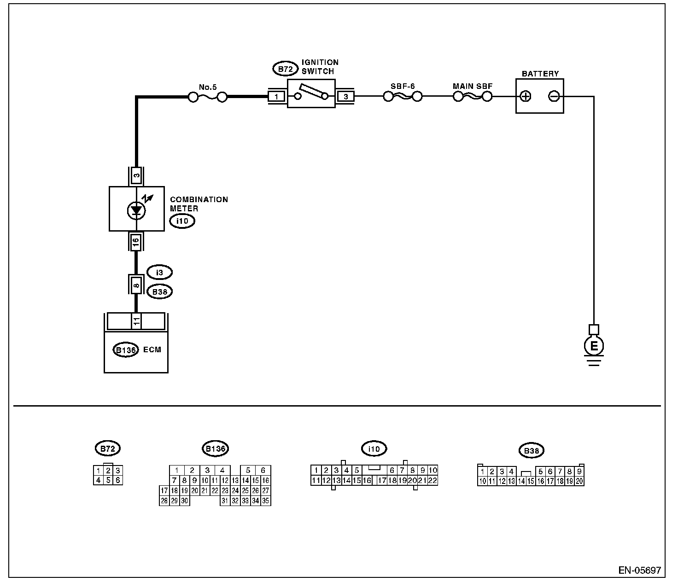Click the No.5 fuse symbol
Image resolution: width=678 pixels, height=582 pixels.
pyautogui.click(x=208, y=97)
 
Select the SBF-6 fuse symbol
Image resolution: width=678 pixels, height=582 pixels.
pyautogui.click(x=403, y=97)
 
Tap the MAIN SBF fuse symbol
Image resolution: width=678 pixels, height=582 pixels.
pyautogui.click(x=473, y=97)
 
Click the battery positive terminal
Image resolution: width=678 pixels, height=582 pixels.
pyautogui.click(x=525, y=96)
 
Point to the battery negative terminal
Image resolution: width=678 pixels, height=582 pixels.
pyautogui.click(x=554, y=96)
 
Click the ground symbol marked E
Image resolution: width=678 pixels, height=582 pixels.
pyautogui.click(x=594, y=346)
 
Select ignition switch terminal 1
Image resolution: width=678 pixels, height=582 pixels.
pyautogui.click(x=276, y=97)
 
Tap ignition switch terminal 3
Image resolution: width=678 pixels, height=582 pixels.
pyautogui.click(x=346, y=97)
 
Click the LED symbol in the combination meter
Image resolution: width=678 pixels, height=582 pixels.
pyautogui.click(x=136, y=210)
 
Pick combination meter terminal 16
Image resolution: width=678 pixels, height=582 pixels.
pyautogui.click(x=136, y=242)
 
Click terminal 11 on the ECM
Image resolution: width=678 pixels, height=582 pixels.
pyautogui.click(x=136, y=321)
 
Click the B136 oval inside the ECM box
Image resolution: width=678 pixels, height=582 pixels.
pyautogui.click(x=125, y=350)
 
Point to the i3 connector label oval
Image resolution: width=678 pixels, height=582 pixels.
pyautogui.click(x=159, y=273)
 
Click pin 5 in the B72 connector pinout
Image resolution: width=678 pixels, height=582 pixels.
pyautogui.click(x=108, y=480)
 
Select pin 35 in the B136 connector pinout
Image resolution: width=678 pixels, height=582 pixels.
pyautogui.click(x=266, y=501)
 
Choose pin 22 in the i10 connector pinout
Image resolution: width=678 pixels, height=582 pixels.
pyautogui.click(x=432, y=481)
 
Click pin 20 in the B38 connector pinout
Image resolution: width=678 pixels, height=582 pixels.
pyautogui.click(x=579, y=481)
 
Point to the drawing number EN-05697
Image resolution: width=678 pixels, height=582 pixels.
pyautogui.click(x=639, y=570)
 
